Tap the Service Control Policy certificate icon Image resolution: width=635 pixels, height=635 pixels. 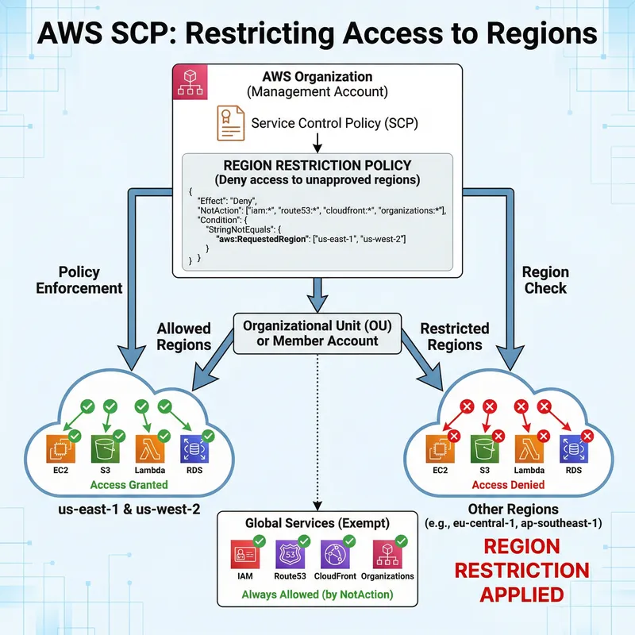click(x=230, y=123)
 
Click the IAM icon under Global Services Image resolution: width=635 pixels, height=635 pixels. click(x=244, y=553)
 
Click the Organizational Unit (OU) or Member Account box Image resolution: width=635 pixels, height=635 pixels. click(x=317, y=334)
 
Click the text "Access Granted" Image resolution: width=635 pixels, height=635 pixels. click(x=129, y=484)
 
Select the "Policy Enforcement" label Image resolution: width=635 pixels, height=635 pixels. click(x=79, y=279)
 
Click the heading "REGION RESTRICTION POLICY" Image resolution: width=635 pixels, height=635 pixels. click(x=317, y=165)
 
